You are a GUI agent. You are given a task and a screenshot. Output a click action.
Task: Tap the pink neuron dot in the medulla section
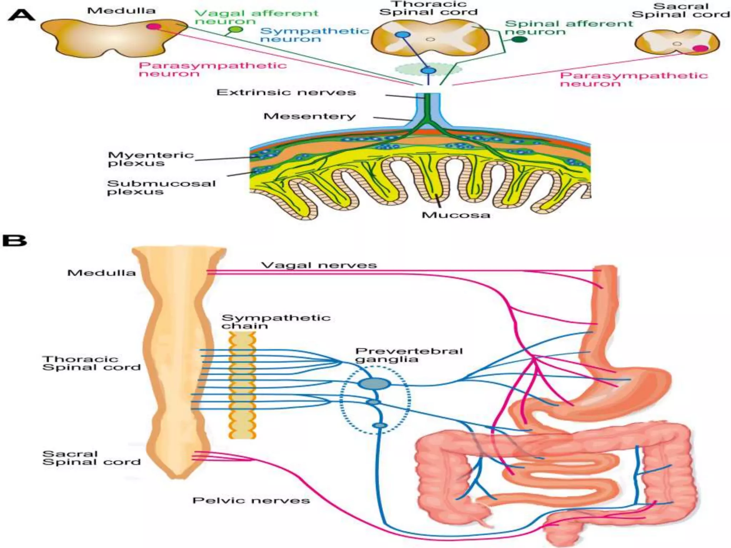click(153, 26)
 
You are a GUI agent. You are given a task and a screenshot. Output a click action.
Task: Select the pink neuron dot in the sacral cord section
click(700, 49)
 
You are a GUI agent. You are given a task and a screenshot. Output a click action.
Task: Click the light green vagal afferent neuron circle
click(235, 30)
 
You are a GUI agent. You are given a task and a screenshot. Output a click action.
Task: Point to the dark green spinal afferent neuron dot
click(519, 39)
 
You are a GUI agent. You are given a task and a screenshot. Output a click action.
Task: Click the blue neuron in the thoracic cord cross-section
click(403, 35)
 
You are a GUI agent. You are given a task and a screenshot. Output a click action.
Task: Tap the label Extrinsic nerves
click(286, 92)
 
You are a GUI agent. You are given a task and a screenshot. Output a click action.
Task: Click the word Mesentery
click(309, 116)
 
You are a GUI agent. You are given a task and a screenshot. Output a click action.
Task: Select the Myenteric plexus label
click(150, 159)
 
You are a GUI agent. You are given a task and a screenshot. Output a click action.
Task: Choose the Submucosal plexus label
click(161, 188)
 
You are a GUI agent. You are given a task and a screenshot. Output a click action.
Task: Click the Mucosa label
click(455, 215)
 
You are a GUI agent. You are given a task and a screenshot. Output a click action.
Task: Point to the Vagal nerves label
click(319, 265)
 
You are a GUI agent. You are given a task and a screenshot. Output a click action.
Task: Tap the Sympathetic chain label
click(276, 322)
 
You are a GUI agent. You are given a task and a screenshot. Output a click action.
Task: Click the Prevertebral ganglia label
click(408, 355)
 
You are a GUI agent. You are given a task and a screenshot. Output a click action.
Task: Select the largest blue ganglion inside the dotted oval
click(374, 384)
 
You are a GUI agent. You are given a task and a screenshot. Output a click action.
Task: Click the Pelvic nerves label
click(251, 501)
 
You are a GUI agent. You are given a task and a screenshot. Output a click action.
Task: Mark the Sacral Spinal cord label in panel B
click(91, 458)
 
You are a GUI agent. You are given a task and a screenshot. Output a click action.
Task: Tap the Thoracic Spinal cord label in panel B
click(91, 363)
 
